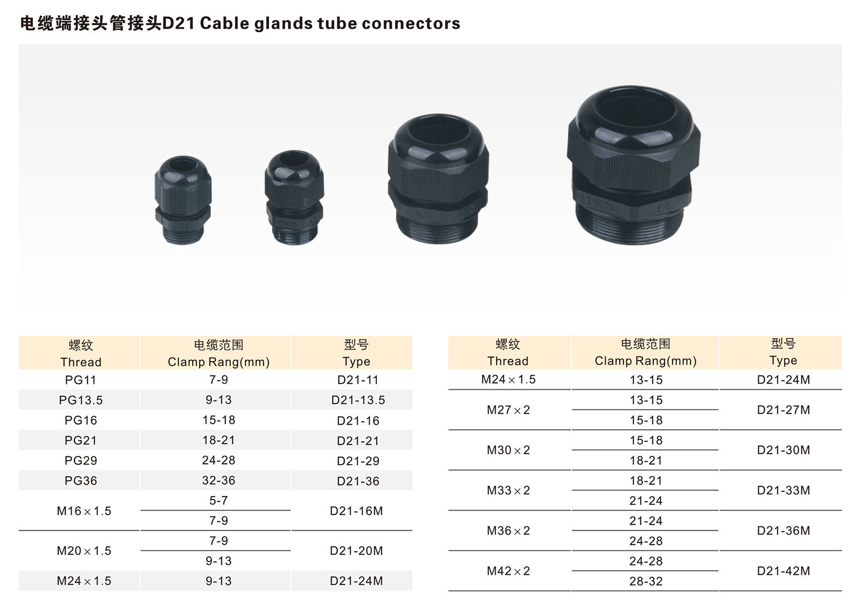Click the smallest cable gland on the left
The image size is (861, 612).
(183, 200)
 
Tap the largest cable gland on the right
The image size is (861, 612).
(633, 165)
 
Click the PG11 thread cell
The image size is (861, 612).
(80, 380)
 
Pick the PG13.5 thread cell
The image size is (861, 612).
(81, 400)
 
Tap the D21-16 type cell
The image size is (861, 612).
(358, 420)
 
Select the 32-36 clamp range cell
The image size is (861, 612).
(218, 481)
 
